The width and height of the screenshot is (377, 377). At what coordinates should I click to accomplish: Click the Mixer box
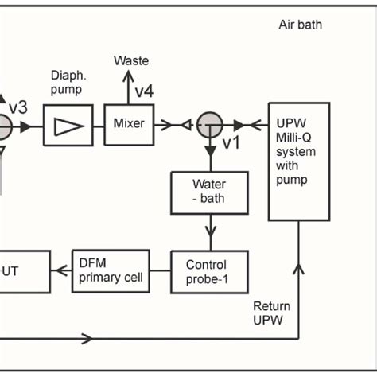pyautogui.click(x=129, y=124)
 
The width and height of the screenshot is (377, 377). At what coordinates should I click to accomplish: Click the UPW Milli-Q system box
pyautogui.click(x=298, y=161)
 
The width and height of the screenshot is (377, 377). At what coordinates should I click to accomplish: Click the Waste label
pyautogui.click(x=131, y=60)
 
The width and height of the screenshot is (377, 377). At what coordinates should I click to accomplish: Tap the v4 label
pyautogui.click(x=143, y=91)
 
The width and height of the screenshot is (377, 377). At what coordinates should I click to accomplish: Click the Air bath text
pyautogui.click(x=300, y=24)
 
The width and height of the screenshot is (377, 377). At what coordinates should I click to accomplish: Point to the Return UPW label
pyautogui.click(x=270, y=313)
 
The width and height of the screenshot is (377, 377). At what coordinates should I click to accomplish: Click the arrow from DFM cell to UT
pyautogui.click(x=57, y=270)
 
